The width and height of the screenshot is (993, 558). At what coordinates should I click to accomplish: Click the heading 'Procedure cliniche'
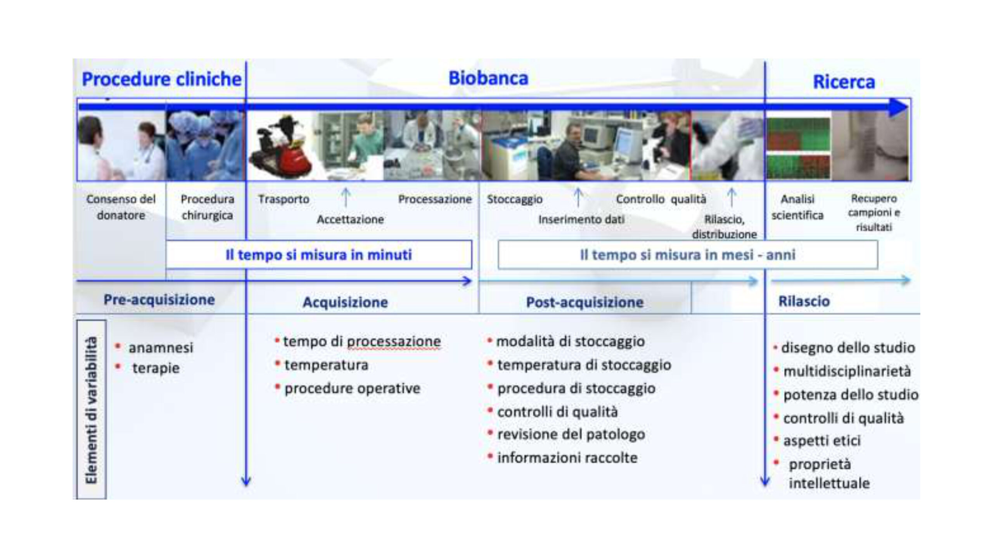[x=162, y=79]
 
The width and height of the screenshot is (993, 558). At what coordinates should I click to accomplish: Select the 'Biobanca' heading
[x=488, y=78]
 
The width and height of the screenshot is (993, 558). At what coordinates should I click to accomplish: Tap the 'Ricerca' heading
[x=844, y=82]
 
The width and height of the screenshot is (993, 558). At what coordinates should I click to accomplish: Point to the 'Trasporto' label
[x=284, y=199]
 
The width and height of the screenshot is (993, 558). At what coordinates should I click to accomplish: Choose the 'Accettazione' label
[x=350, y=219]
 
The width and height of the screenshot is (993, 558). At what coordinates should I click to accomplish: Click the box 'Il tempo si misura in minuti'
[x=319, y=255]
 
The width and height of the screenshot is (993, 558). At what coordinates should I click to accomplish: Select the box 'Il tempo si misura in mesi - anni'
[x=688, y=255]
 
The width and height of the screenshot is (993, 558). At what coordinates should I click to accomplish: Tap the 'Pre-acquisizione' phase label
[x=159, y=300]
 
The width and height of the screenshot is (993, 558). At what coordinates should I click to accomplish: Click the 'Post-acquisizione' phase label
[x=585, y=302]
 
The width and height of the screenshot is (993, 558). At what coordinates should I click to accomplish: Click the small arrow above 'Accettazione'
[x=346, y=197]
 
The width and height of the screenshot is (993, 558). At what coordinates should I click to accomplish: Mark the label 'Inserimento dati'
[x=581, y=219]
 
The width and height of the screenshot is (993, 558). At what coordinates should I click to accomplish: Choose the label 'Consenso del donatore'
[x=121, y=207]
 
